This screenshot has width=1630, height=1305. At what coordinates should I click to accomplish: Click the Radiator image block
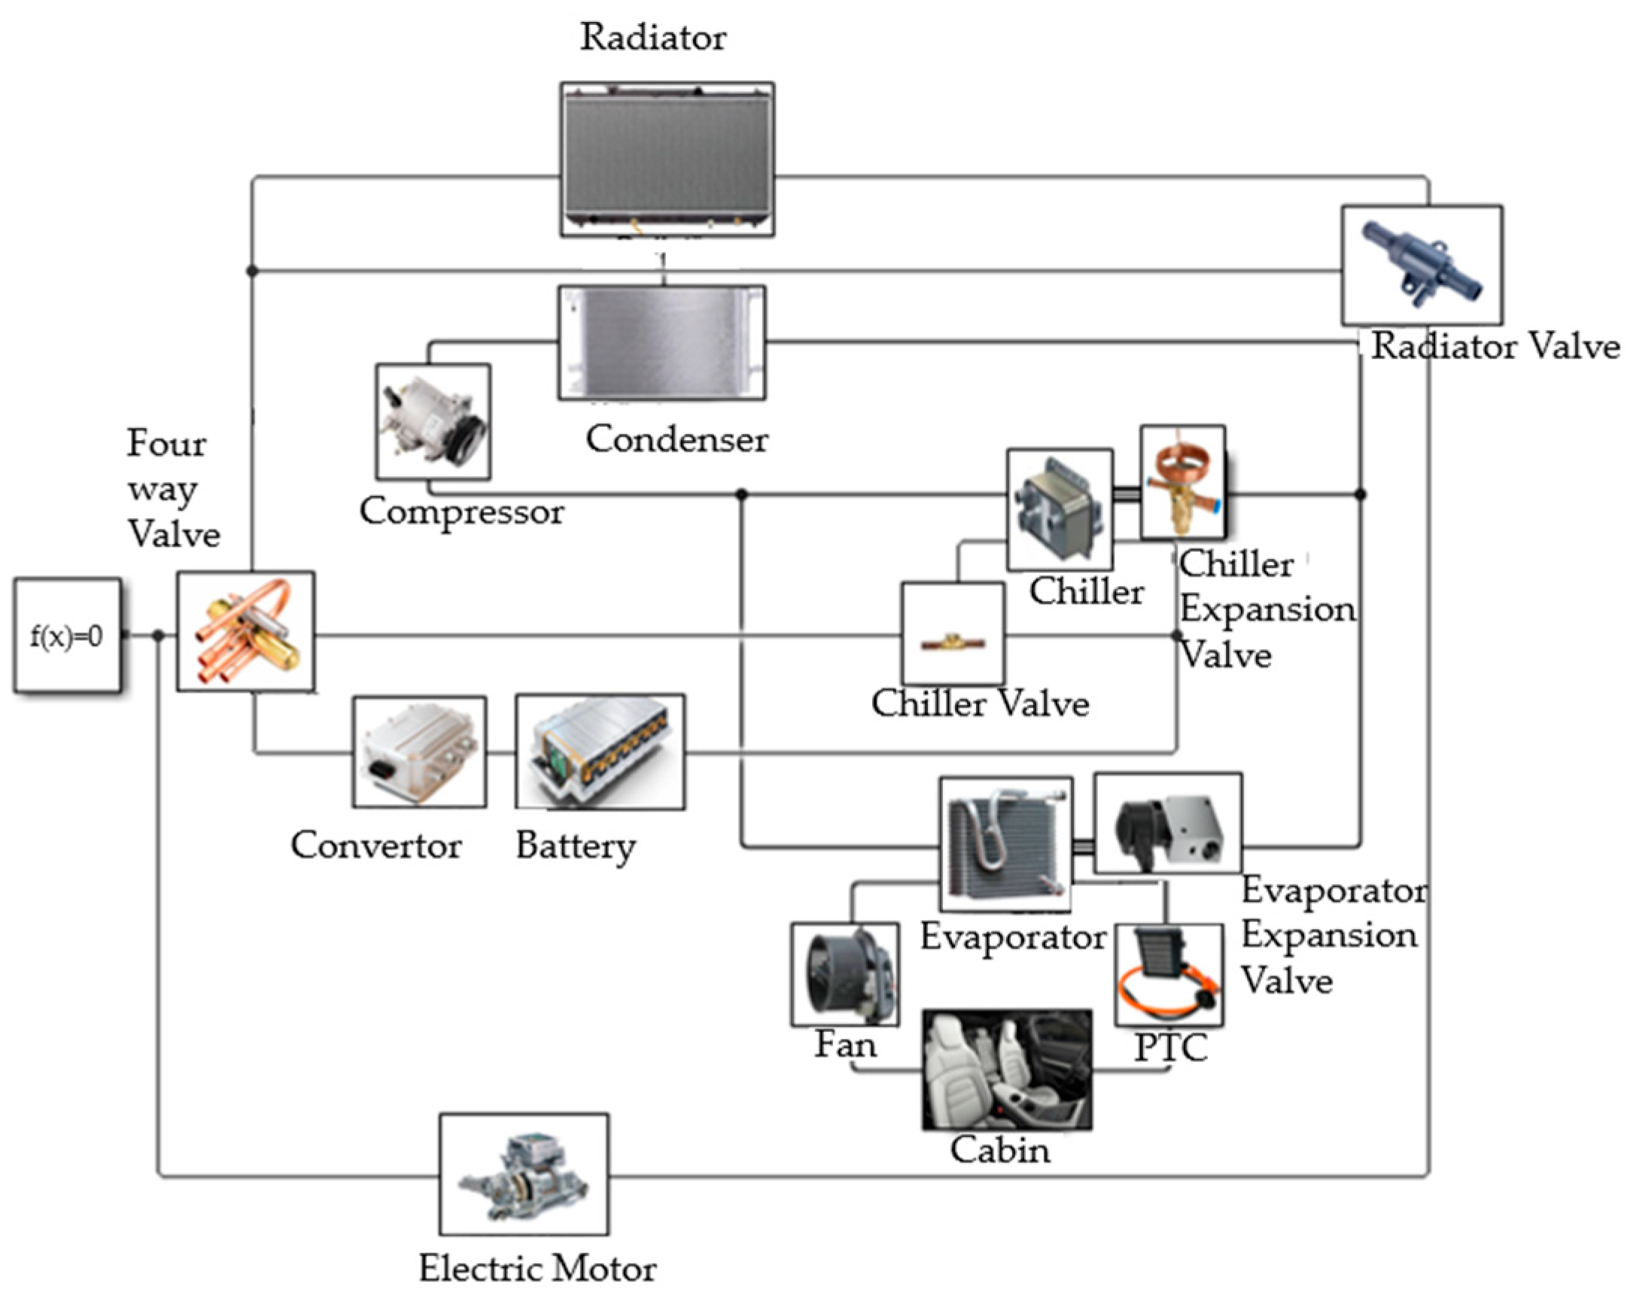pos(667,159)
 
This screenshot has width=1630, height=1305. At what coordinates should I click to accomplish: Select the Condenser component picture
pos(661,342)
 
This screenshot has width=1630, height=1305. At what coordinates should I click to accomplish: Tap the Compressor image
pos(433,422)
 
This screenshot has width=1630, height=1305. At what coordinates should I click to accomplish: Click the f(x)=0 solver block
pos(66,636)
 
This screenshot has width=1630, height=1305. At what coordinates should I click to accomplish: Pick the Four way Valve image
pos(246,631)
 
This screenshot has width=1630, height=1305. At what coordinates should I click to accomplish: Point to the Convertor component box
pos(419,752)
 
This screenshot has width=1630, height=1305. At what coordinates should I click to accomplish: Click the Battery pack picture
pos(601,752)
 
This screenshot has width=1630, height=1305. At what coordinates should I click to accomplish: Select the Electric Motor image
pos(524,1174)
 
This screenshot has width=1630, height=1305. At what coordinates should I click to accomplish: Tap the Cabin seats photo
pos(1006,1070)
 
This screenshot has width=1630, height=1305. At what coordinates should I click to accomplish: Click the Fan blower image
pos(844,974)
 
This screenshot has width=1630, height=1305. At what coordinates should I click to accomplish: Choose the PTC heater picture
pos(1169,975)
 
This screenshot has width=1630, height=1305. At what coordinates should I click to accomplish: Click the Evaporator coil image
pos(1005,844)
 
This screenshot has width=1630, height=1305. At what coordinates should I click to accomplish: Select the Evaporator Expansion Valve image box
pos(1167,823)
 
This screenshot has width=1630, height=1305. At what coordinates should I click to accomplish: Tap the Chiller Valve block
pos(953,634)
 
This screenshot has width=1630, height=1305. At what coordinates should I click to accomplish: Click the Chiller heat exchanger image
pos(1059,510)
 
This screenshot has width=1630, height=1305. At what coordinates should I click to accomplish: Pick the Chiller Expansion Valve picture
pos(1182,482)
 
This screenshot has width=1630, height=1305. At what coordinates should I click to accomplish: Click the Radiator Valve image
pos(1422,266)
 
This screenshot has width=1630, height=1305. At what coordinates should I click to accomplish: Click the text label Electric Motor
pos(537,1269)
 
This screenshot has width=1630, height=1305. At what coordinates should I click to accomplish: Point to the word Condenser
pos(677,439)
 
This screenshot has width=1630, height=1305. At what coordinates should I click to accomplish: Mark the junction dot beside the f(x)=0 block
pos(158,636)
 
